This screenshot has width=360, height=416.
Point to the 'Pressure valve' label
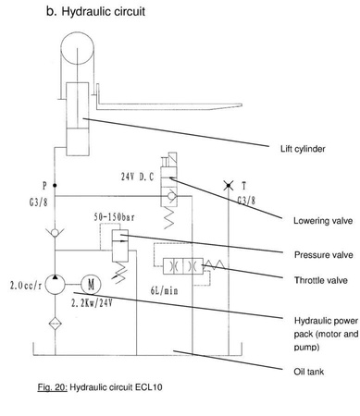click(x=317, y=254)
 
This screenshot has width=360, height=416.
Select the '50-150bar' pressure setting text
click(x=117, y=218)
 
